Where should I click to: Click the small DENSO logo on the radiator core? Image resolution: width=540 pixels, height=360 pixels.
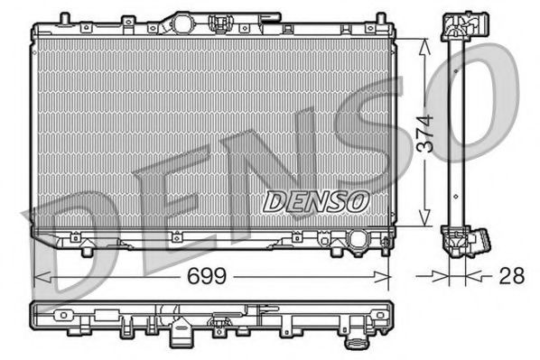click(315, 201)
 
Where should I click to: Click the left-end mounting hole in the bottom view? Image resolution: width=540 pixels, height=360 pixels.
click(62, 317)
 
